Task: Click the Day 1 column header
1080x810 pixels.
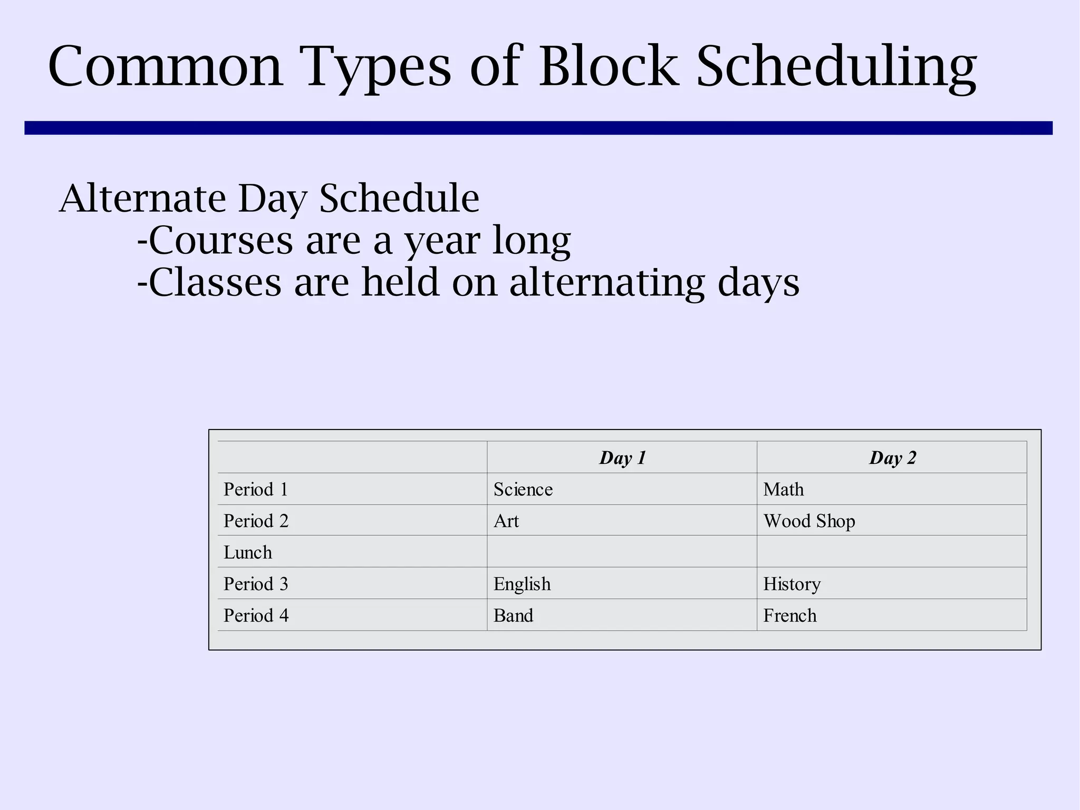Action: tap(622, 458)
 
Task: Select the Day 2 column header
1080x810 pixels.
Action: tap(892, 458)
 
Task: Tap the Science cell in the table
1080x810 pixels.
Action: tap(523, 489)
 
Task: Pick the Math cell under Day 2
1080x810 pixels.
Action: tap(783, 489)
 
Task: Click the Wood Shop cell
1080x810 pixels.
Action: tap(809, 521)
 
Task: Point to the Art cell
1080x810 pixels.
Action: tap(506, 521)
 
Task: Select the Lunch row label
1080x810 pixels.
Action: tap(248, 552)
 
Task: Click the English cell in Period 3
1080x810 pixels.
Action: tap(522, 584)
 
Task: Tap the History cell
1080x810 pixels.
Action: tap(792, 584)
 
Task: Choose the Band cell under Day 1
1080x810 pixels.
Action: tap(513, 615)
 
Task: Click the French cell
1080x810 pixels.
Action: tap(789, 615)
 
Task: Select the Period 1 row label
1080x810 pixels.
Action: tap(256, 489)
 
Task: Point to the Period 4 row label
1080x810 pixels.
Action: tap(256, 615)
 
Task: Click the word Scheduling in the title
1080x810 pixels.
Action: tap(836, 67)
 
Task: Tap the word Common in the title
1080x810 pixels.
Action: tap(166, 67)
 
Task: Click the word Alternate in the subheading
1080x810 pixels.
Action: tap(142, 198)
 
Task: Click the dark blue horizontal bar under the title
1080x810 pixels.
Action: tap(538, 128)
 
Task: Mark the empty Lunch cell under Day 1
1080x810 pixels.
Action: tap(622, 552)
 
